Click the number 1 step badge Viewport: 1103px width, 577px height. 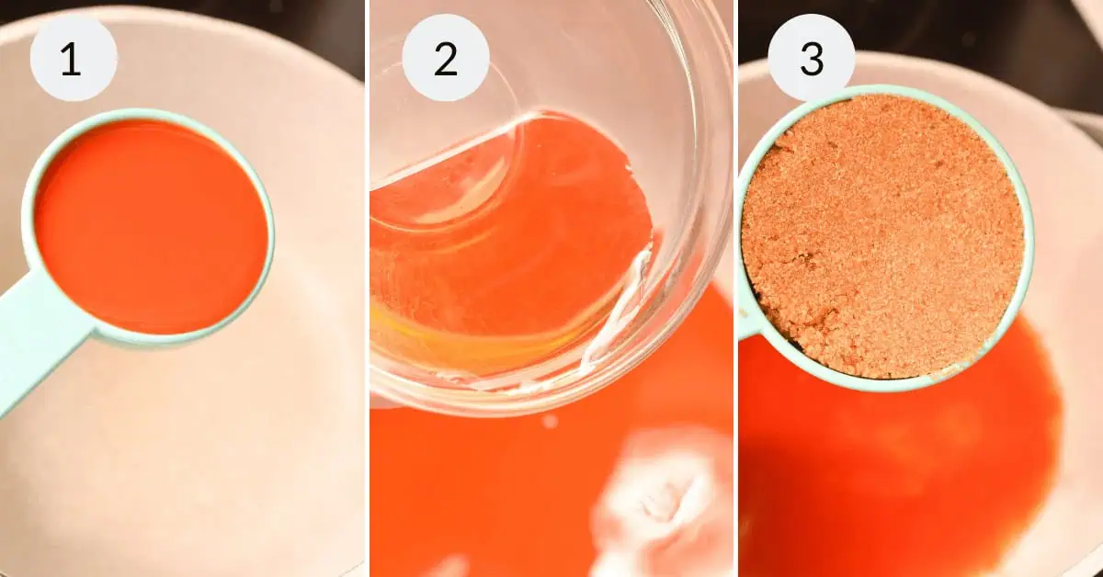point(74,58)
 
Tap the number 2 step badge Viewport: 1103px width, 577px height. point(446,58)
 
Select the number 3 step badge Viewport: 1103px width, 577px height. point(812,58)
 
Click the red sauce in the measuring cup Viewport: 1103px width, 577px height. point(151,226)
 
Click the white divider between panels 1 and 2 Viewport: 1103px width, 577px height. point(368,288)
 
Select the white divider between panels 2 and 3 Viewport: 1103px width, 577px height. point(735,288)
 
